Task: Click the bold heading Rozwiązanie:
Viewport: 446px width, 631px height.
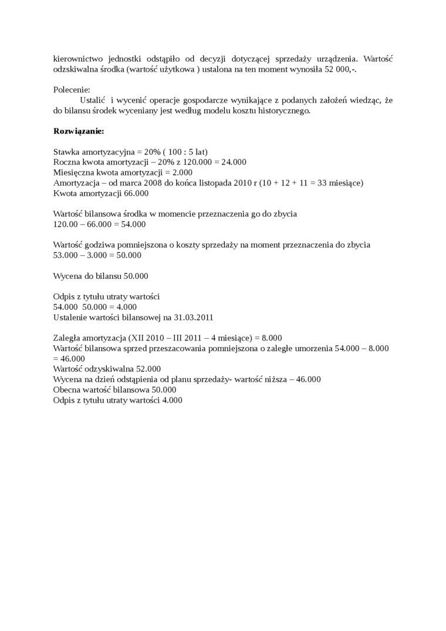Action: [79, 131]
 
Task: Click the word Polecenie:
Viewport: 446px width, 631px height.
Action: [72, 90]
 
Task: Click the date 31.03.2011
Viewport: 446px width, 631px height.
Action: [193, 317]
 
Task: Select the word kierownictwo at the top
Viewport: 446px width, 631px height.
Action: [78, 59]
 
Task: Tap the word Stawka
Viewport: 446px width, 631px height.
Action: [66, 151]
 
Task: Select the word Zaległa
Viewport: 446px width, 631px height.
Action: [67, 338]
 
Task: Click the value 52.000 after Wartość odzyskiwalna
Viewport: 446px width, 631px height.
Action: [147, 369]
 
